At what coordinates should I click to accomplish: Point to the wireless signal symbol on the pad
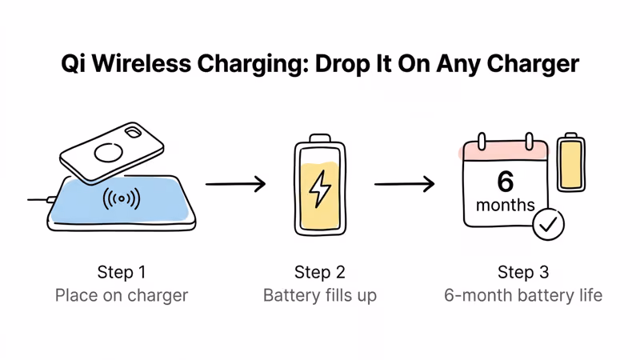122,198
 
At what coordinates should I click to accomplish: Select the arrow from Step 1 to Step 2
235,184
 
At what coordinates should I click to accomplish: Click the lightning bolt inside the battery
320,189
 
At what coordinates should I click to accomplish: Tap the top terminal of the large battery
320,138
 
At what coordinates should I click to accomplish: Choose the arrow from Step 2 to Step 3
405,184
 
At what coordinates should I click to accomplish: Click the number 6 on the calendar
505,182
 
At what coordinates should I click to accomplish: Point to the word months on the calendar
505,206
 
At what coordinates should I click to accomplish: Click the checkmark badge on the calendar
549,225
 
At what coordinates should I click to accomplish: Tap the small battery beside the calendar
570,162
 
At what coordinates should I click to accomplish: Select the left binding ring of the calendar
482,142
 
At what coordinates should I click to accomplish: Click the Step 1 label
122,272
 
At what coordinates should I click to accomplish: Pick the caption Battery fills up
320,295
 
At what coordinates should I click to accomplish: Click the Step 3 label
523,272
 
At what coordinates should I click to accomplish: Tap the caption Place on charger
122,295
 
